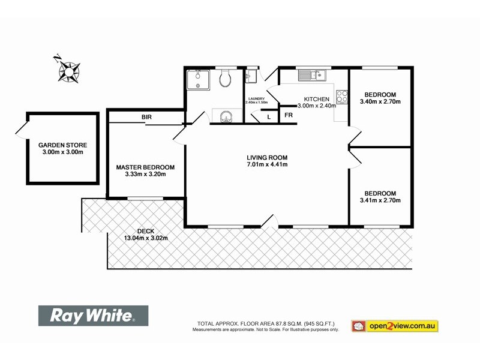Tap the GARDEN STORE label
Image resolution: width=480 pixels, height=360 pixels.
(x=63, y=145)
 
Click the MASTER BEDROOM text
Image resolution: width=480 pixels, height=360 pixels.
(x=145, y=167)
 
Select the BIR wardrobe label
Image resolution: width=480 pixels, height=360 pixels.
(x=146, y=117)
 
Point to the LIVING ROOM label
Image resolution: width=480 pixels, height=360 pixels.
(x=267, y=158)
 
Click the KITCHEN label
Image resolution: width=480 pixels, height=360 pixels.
(x=316, y=99)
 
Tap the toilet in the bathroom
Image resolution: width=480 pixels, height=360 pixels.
(x=225, y=78)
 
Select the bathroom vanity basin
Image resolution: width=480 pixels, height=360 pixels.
(x=227, y=116)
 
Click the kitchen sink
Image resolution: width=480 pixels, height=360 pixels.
(x=311, y=76)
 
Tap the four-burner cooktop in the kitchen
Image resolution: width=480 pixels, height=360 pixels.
(x=343, y=97)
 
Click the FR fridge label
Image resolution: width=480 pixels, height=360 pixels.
(x=288, y=115)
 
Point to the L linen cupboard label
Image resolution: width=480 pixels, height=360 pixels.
(x=269, y=116)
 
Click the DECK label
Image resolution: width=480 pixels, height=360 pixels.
(x=146, y=231)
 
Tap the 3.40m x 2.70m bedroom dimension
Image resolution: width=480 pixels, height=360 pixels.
(x=380, y=101)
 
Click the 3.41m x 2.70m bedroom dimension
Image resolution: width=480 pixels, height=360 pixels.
(x=380, y=200)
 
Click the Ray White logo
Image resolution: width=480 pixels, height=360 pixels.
(x=93, y=316)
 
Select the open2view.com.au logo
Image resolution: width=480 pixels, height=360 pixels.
(x=395, y=326)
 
